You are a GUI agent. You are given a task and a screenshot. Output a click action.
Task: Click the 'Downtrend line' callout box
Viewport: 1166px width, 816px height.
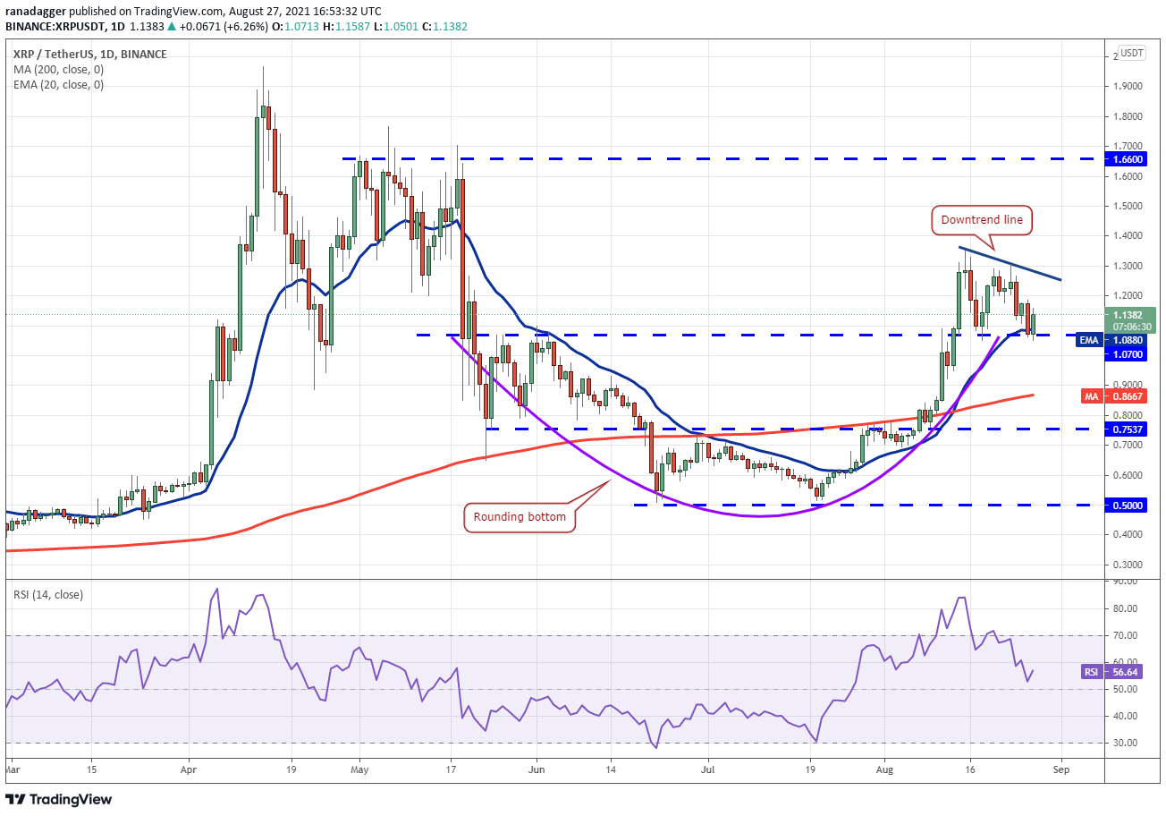pyautogui.click(x=980, y=219)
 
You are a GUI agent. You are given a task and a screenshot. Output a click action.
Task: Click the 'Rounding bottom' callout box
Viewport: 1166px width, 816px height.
pyautogui.click(x=520, y=517)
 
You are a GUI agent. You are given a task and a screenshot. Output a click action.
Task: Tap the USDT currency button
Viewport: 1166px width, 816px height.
pyautogui.click(x=1133, y=53)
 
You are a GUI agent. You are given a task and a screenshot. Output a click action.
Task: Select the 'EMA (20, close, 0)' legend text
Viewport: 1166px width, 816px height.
pyautogui.click(x=58, y=85)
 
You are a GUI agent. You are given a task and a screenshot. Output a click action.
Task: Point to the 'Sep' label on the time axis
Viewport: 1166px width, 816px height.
pyautogui.click(x=1060, y=768)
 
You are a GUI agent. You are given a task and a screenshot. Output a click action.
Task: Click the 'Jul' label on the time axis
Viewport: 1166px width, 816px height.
pyautogui.click(x=707, y=768)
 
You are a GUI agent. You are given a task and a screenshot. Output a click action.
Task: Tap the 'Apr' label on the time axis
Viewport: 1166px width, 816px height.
pyautogui.click(x=189, y=768)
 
